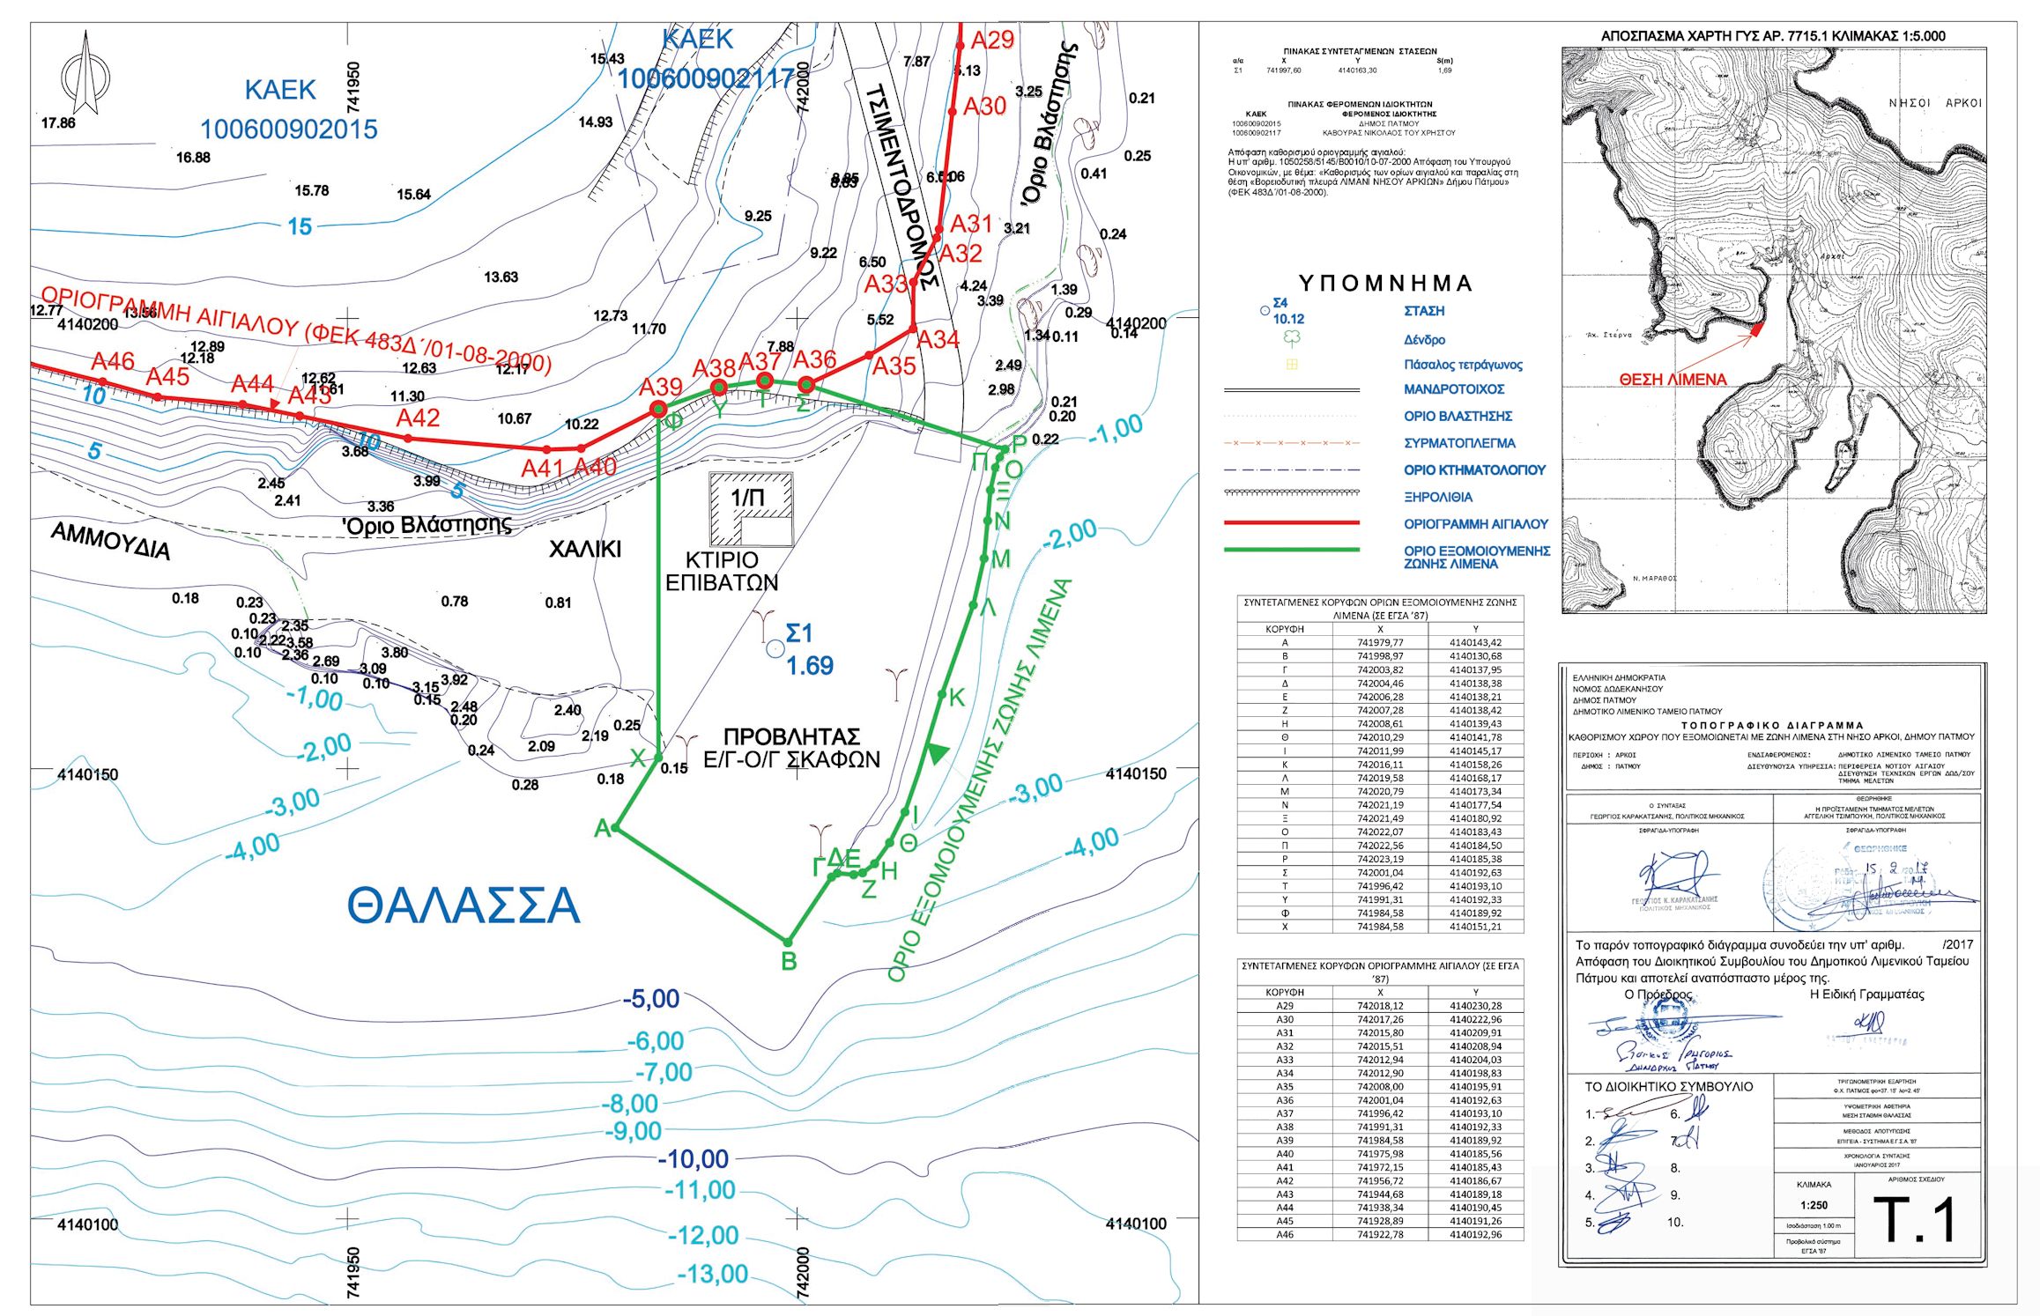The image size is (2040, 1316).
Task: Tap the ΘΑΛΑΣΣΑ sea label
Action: click(464, 906)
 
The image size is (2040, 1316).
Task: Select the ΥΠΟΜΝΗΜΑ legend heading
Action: click(1385, 284)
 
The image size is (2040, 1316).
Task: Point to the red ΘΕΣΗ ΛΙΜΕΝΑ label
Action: click(1673, 380)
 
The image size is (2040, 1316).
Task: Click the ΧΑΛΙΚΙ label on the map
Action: click(585, 550)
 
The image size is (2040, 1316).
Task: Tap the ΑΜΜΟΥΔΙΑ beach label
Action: click(111, 540)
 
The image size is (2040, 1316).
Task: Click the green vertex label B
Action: click(790, 962)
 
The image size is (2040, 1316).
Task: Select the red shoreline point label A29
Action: click(992, 41)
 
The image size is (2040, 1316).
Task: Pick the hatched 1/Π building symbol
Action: click(752, 509)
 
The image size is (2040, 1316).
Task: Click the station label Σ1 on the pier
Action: click(798, 633)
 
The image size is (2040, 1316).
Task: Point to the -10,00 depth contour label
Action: click(694, 1159)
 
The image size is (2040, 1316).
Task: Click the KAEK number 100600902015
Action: click(288, 130)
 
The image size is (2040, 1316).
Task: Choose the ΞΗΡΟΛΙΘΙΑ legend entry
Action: click(1437, 497)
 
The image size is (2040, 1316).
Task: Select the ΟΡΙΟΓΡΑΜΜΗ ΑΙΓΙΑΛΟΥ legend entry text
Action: click(1475, 524)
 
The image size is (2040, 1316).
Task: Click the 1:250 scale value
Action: click(1814, 1205)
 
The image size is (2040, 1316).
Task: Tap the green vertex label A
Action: click(603, 828)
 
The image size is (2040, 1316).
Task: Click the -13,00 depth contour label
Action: click(712, 1274)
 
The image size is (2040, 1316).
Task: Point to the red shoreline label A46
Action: click(113, 361)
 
